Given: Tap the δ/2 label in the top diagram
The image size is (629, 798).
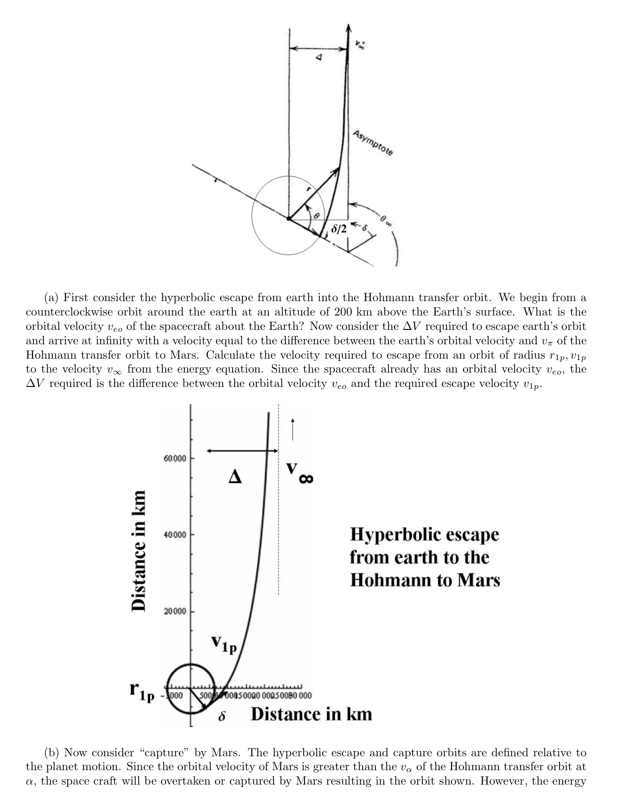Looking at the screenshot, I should pos(339,229).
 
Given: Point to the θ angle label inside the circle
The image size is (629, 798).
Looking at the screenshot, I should pos(317,216).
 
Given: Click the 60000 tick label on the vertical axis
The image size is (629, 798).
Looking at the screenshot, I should pos(175,458).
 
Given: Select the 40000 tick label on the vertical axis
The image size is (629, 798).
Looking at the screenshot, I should pos(175,535).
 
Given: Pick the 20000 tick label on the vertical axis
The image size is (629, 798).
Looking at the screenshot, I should pos(175,611).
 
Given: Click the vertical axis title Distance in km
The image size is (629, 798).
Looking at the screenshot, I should pos(138,550).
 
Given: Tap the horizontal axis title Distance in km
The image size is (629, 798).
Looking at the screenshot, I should pos(311,714).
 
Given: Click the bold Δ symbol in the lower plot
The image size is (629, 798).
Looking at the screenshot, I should pos(235,476).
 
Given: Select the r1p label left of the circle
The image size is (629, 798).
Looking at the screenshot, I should pos(141,692).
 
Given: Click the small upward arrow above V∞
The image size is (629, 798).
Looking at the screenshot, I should pos(292,430).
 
